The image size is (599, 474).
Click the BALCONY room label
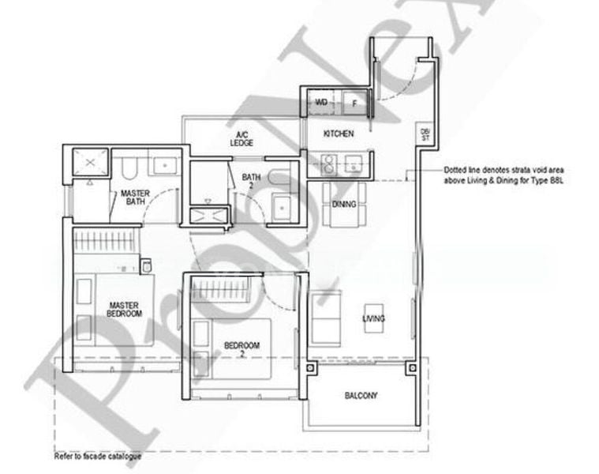[x=360, y=395]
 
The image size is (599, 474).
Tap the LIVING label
[x=373, y=318]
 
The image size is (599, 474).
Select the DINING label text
[x=344, y=205]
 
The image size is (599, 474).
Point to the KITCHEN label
[x=339, y=134]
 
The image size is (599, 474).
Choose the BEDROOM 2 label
[x=241, y=349]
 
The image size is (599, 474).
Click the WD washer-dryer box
[x=321, y=103]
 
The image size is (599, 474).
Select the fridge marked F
[x=354, y=103]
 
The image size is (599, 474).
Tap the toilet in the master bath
[x=132, y=167]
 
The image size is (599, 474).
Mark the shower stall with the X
[x=90, y=162]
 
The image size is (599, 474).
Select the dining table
[x=344, y=205]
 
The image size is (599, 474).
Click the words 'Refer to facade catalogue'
[x=97, y=457]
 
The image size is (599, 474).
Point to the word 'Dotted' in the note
[x=457, y=170]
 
